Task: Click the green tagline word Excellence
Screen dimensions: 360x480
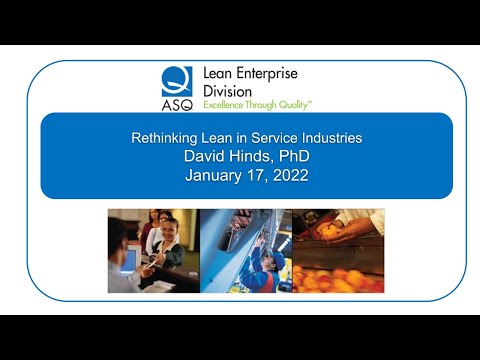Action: [x=225, y=103]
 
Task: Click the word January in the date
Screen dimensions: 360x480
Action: [x=213, y=175]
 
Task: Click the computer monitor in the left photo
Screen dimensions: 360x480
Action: [x=128, y=262]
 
